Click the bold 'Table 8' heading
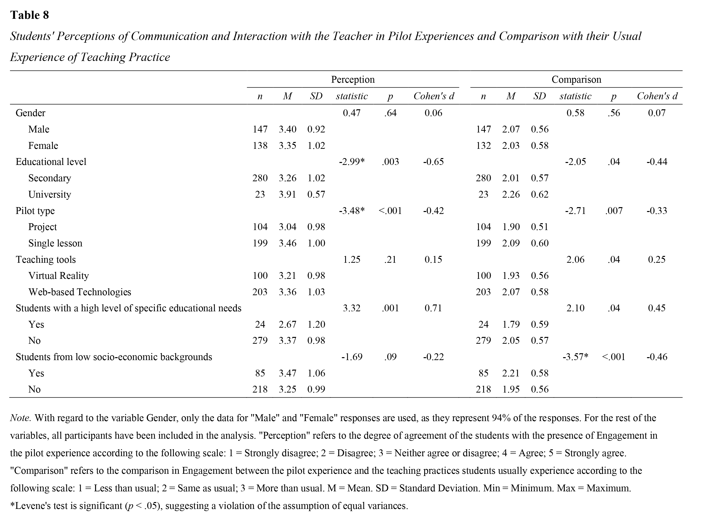[30, 15]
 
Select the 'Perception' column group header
[353, 79]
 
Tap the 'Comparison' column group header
[576, 79]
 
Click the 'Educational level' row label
[51, 162]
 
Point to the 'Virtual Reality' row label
[59, 275]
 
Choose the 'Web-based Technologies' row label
[80, 292]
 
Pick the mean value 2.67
[287, 324]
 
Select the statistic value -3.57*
[575, 357]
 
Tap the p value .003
[391, 162]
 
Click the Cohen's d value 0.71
[433, 308]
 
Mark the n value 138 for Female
[260, 145]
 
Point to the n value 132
[483, 145]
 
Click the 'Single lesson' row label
[55, 243]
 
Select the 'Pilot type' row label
[35, 211]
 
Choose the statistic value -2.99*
[352, 162]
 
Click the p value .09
[391, 357]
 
